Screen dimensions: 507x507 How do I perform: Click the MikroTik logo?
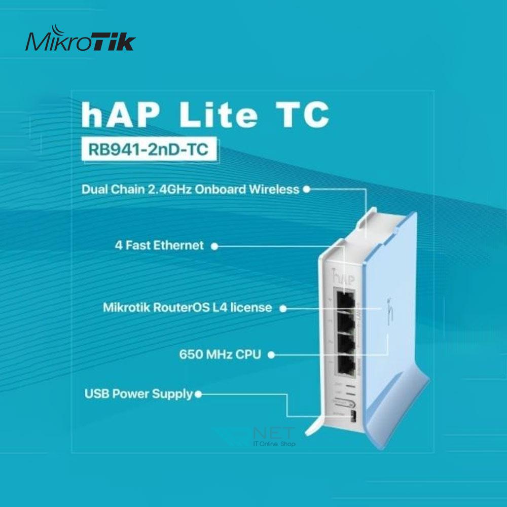(x=81, y=41)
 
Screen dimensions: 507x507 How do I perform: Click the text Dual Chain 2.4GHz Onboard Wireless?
(x=190, y=190)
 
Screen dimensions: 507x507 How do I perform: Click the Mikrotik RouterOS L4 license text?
(x=187, y=308)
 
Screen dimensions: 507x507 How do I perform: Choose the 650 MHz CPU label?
(x=220, y=354)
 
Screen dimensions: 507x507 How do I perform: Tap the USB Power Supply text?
(x=138, y=393)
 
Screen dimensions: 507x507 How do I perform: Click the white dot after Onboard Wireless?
(x=306, y=190)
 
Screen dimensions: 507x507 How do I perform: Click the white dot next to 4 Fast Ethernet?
(x=214, y=246)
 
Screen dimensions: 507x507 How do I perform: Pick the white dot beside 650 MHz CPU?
(x=271, y=355)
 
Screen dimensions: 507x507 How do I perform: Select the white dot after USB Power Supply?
(x=198, y=393)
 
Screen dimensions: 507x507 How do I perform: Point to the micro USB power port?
(x=353, y=418)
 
